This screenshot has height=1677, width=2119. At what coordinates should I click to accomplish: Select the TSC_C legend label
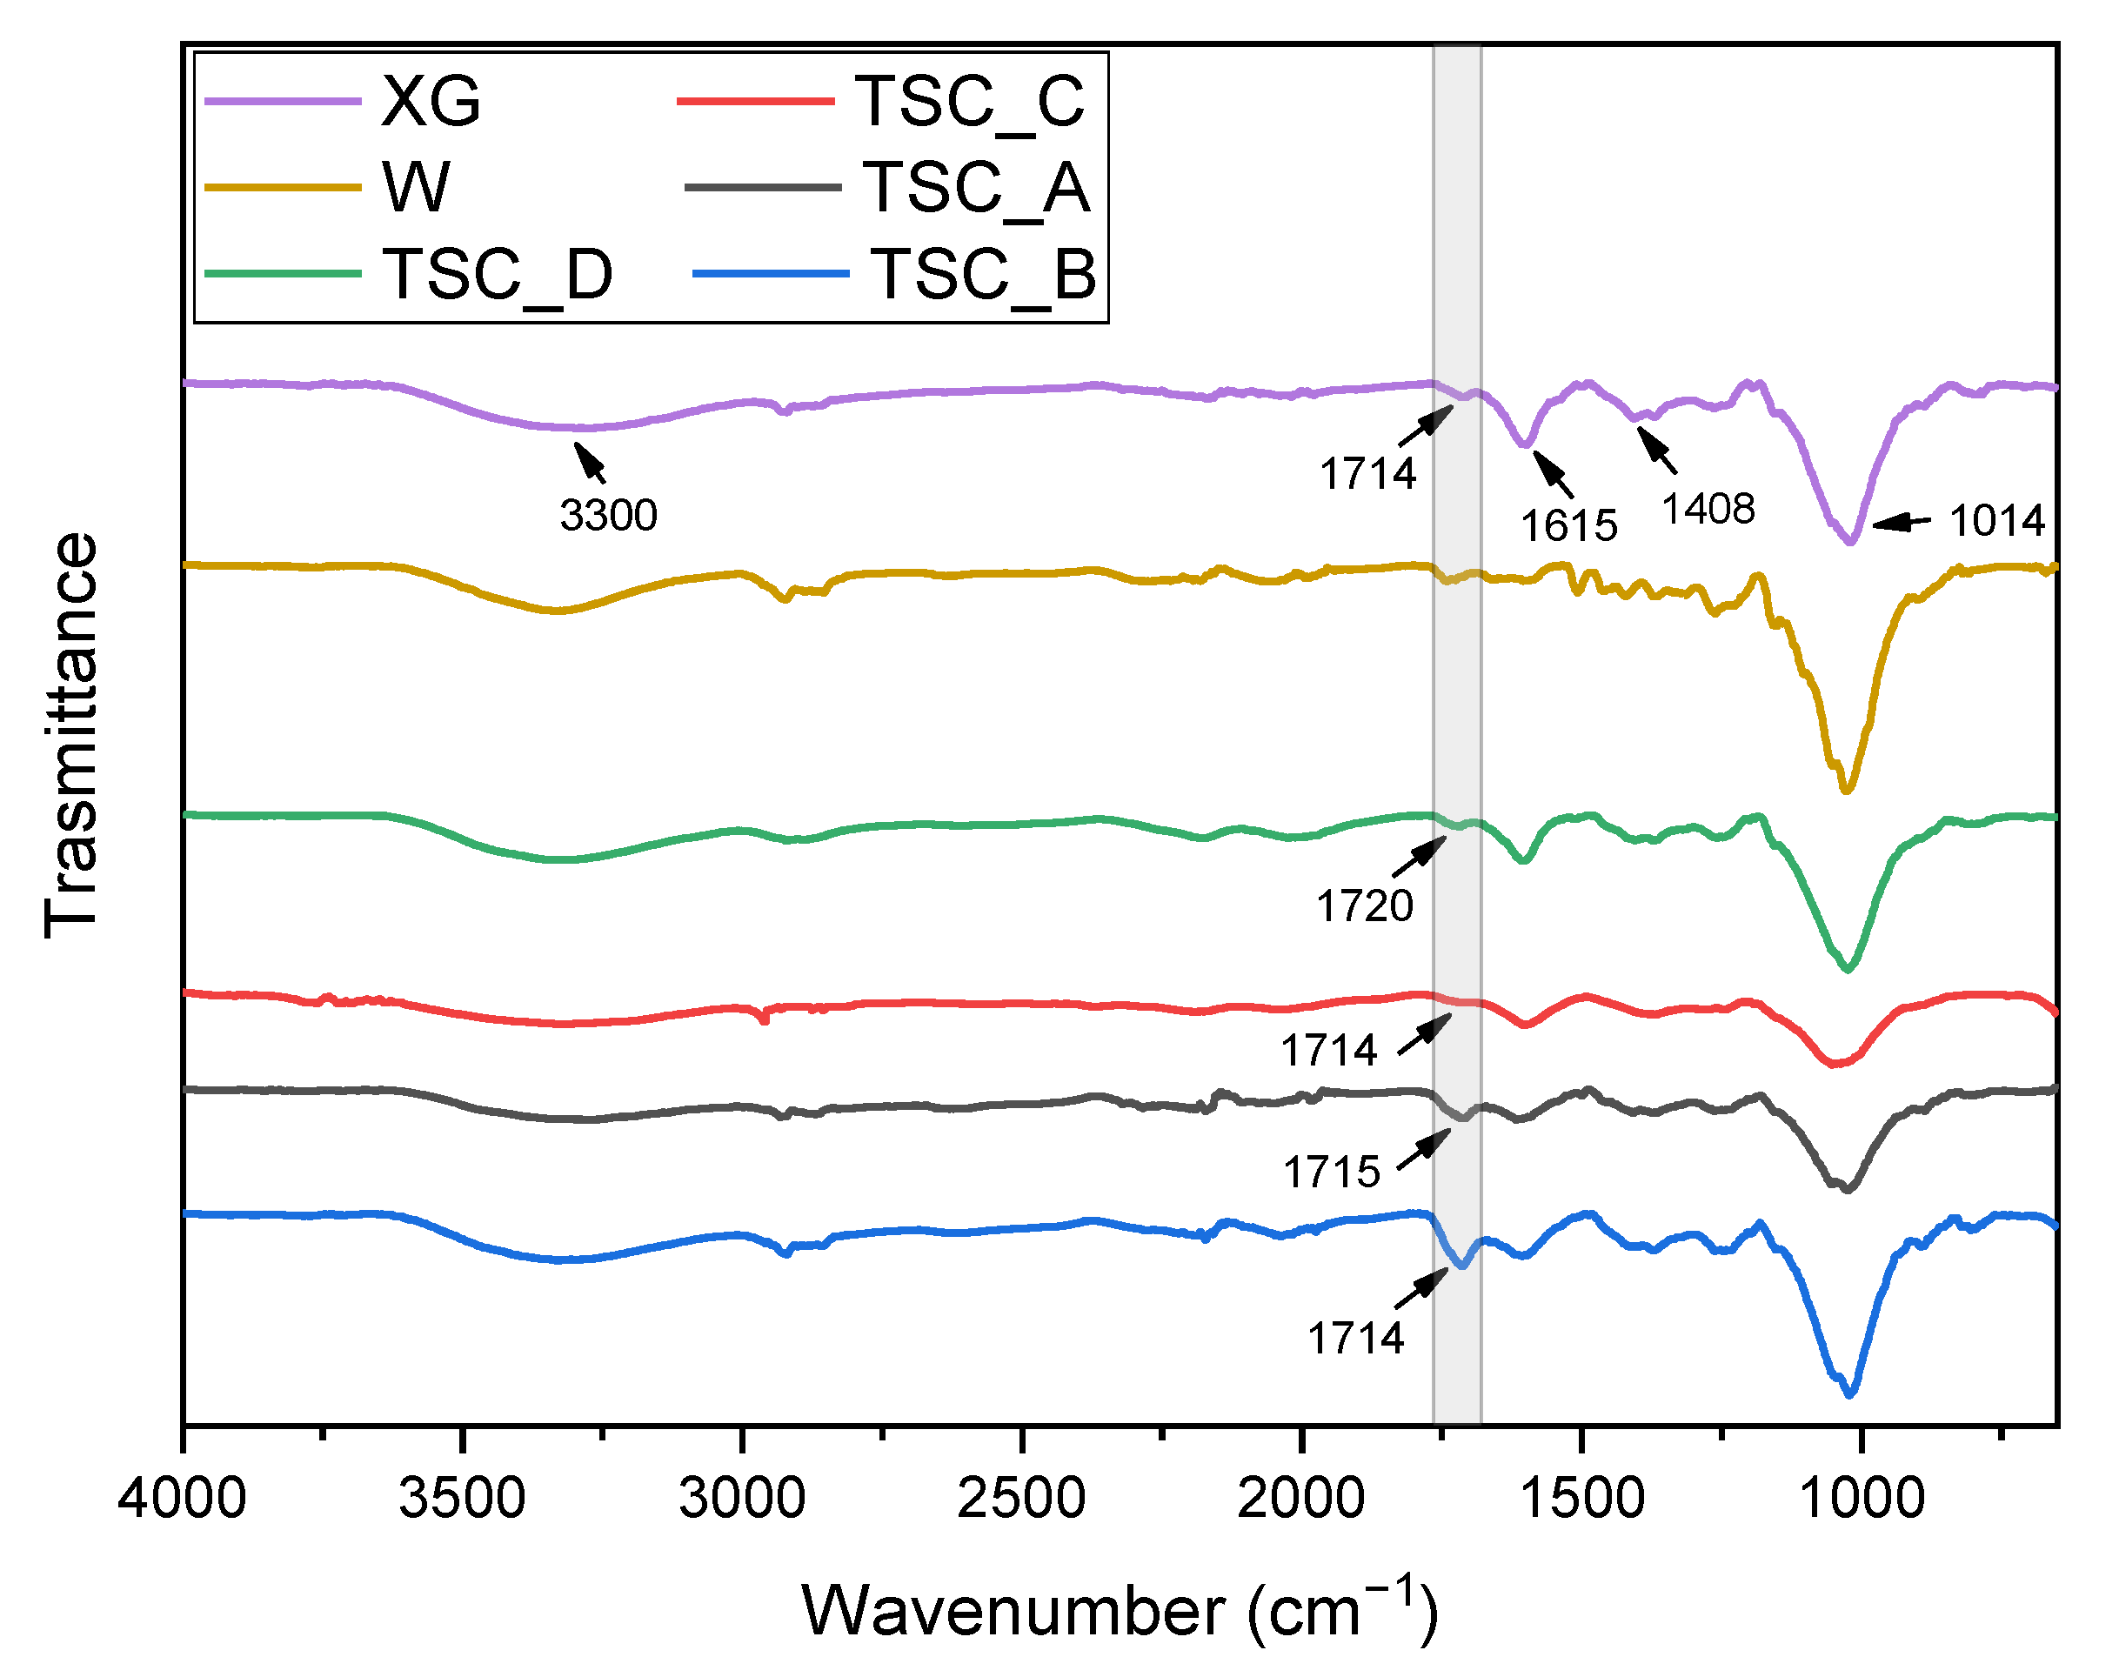969,101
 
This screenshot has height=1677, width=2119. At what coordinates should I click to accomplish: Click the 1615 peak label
1568,526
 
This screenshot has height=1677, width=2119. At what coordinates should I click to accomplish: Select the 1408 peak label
1708,509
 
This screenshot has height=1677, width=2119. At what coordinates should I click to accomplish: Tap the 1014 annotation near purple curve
1996,520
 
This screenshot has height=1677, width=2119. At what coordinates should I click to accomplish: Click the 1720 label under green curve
1364,905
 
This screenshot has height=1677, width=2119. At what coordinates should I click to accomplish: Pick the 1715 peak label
1332,1173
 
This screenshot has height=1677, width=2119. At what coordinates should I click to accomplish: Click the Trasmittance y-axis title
70,734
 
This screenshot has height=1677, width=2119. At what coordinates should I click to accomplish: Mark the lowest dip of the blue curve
1850,1394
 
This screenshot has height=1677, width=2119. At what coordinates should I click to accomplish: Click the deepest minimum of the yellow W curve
1847,790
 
